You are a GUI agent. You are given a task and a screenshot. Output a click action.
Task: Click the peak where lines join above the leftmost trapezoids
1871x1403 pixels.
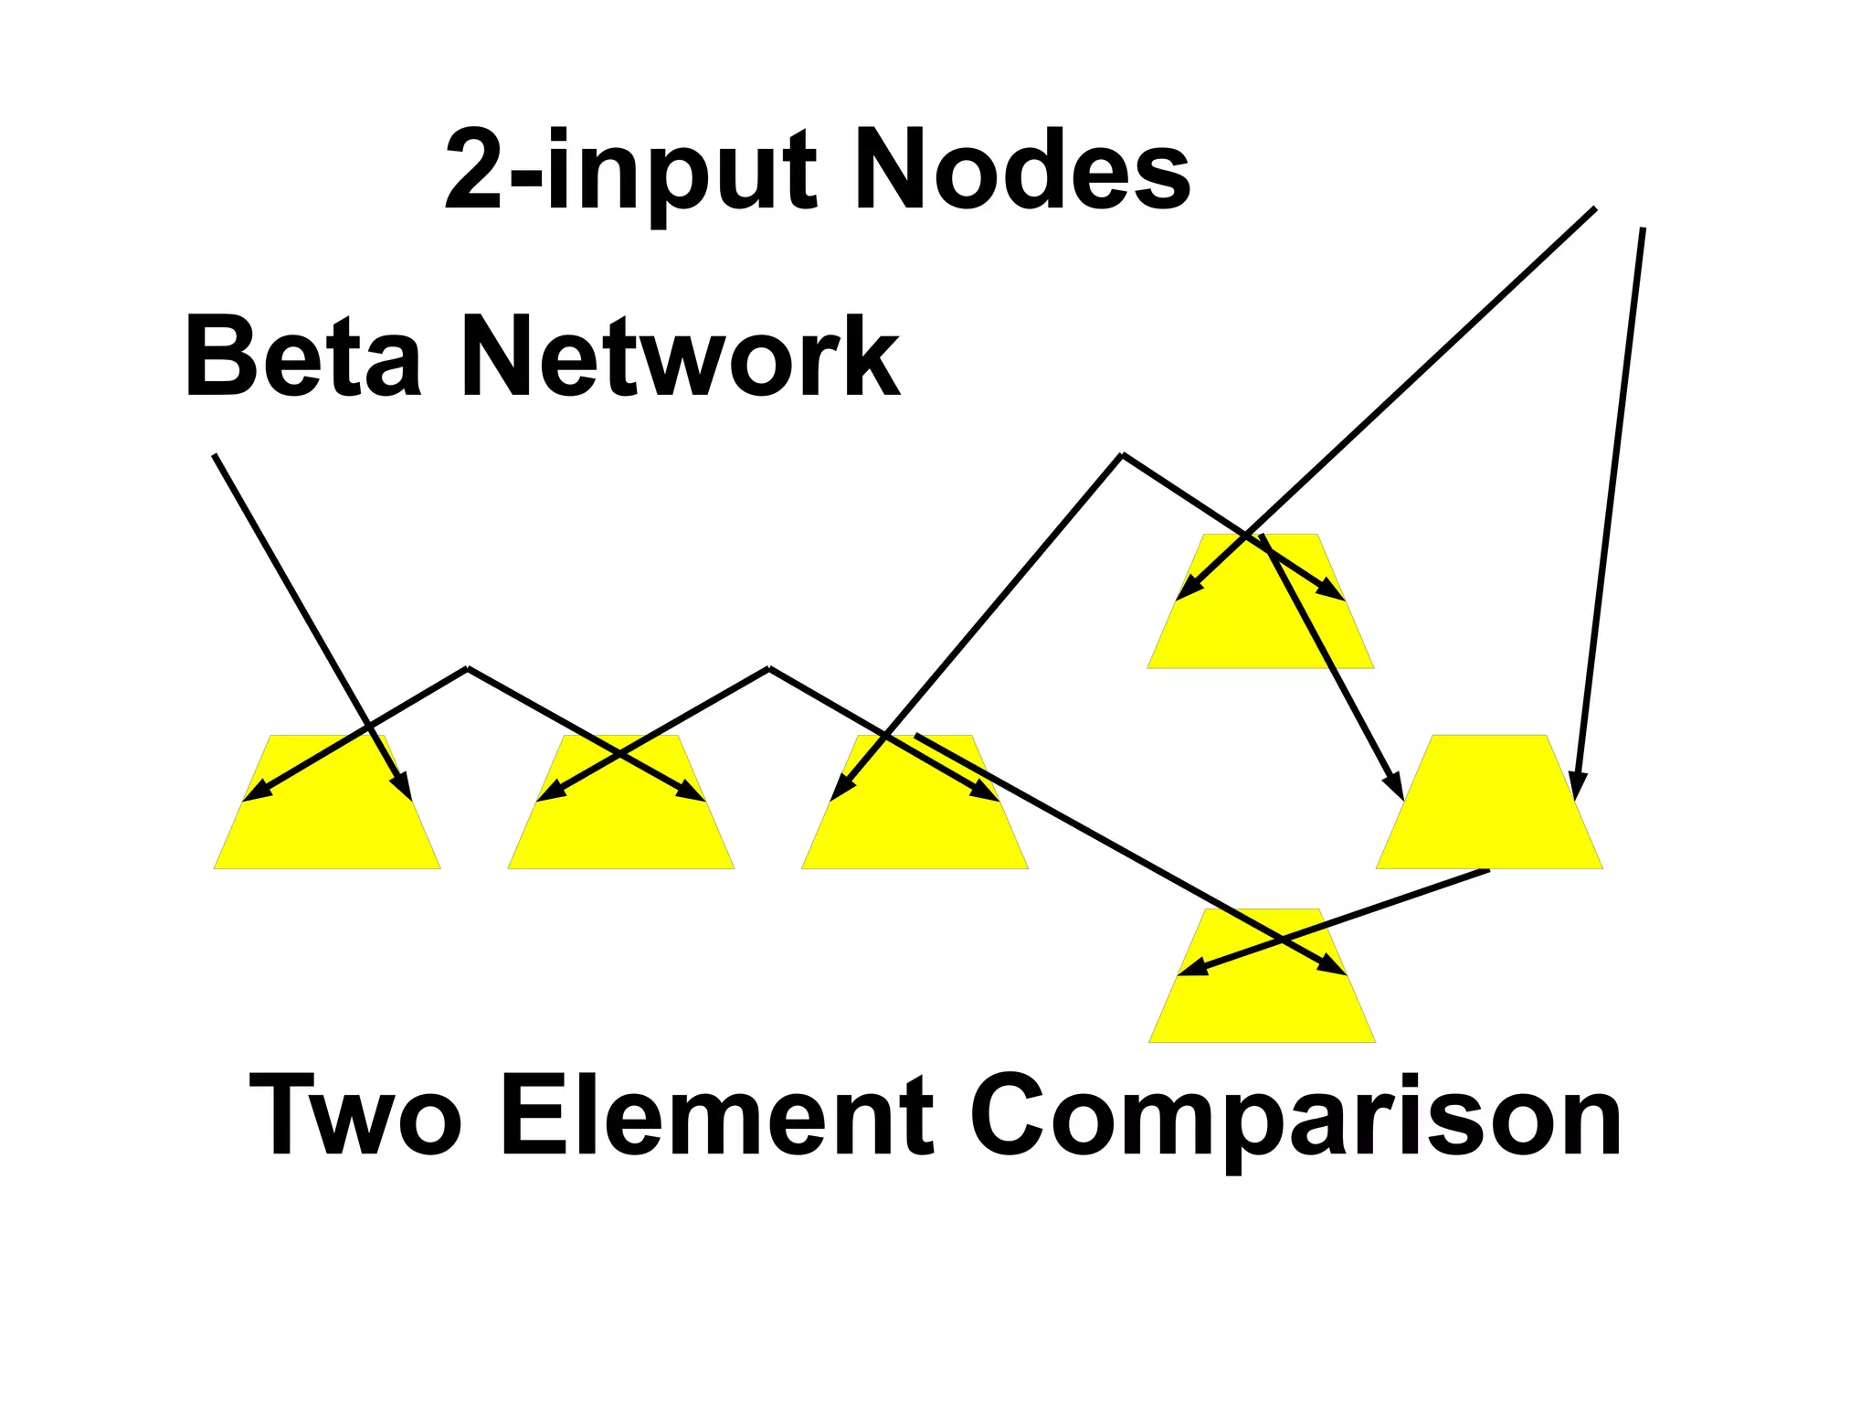click(468, 669)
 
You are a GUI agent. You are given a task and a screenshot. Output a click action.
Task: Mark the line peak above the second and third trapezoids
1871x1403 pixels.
click(769, 669)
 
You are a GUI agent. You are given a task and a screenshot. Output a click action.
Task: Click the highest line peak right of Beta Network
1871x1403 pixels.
click(1122, 454)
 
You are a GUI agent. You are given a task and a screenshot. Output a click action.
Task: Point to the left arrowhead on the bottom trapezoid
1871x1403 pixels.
click(1189, 969)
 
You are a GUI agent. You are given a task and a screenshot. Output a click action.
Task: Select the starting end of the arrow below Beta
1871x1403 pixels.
click(214, 455)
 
